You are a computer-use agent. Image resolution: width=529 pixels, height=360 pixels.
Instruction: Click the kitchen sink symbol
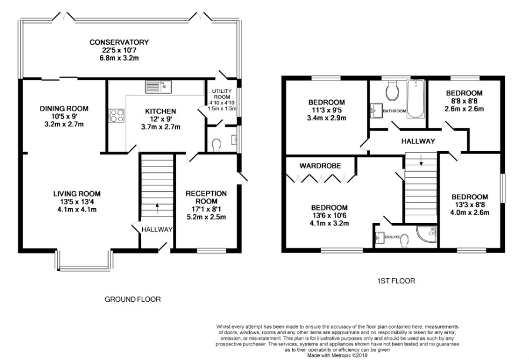click(x=158, y=87)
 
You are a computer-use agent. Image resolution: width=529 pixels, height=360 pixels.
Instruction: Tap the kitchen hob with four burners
click(x=116, y=115)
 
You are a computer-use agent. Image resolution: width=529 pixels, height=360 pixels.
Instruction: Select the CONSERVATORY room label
click(x=119, y=42)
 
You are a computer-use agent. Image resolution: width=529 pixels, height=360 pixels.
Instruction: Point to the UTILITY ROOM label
click(x=222, y=94)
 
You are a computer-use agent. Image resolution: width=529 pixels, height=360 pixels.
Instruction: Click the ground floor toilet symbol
click(x=216, y=145)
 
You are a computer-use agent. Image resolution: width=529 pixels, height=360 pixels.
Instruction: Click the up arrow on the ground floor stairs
click(x=157, y=208)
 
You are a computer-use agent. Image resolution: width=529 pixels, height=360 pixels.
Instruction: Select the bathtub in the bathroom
click(x=416, y=99)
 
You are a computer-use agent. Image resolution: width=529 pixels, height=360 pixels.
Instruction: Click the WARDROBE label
click(x=320, y=166)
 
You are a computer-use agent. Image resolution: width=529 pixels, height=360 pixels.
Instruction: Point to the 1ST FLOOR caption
click(x=396, y=281)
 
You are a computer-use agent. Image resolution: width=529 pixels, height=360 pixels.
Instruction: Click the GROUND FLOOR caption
click(x=133, y=299)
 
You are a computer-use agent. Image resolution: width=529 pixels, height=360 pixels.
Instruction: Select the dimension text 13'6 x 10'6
click(x=329, y=215)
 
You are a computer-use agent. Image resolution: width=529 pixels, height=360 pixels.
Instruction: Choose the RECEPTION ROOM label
click(x=206, y=197)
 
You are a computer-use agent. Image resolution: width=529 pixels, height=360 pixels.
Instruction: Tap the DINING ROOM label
click(x=64, y=108)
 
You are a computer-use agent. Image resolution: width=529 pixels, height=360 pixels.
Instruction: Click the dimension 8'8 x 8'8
click(x=464, y=101)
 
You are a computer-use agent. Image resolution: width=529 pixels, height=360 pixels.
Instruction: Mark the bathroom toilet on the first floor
click(x=393, y=90)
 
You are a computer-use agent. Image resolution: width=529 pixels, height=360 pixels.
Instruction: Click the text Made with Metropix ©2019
click(x=337, y=355)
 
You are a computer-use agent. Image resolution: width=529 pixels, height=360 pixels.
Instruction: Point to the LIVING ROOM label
click(x=77, y=194)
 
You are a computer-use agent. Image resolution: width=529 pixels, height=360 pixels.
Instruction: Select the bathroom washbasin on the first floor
click(x=376, y=111)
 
